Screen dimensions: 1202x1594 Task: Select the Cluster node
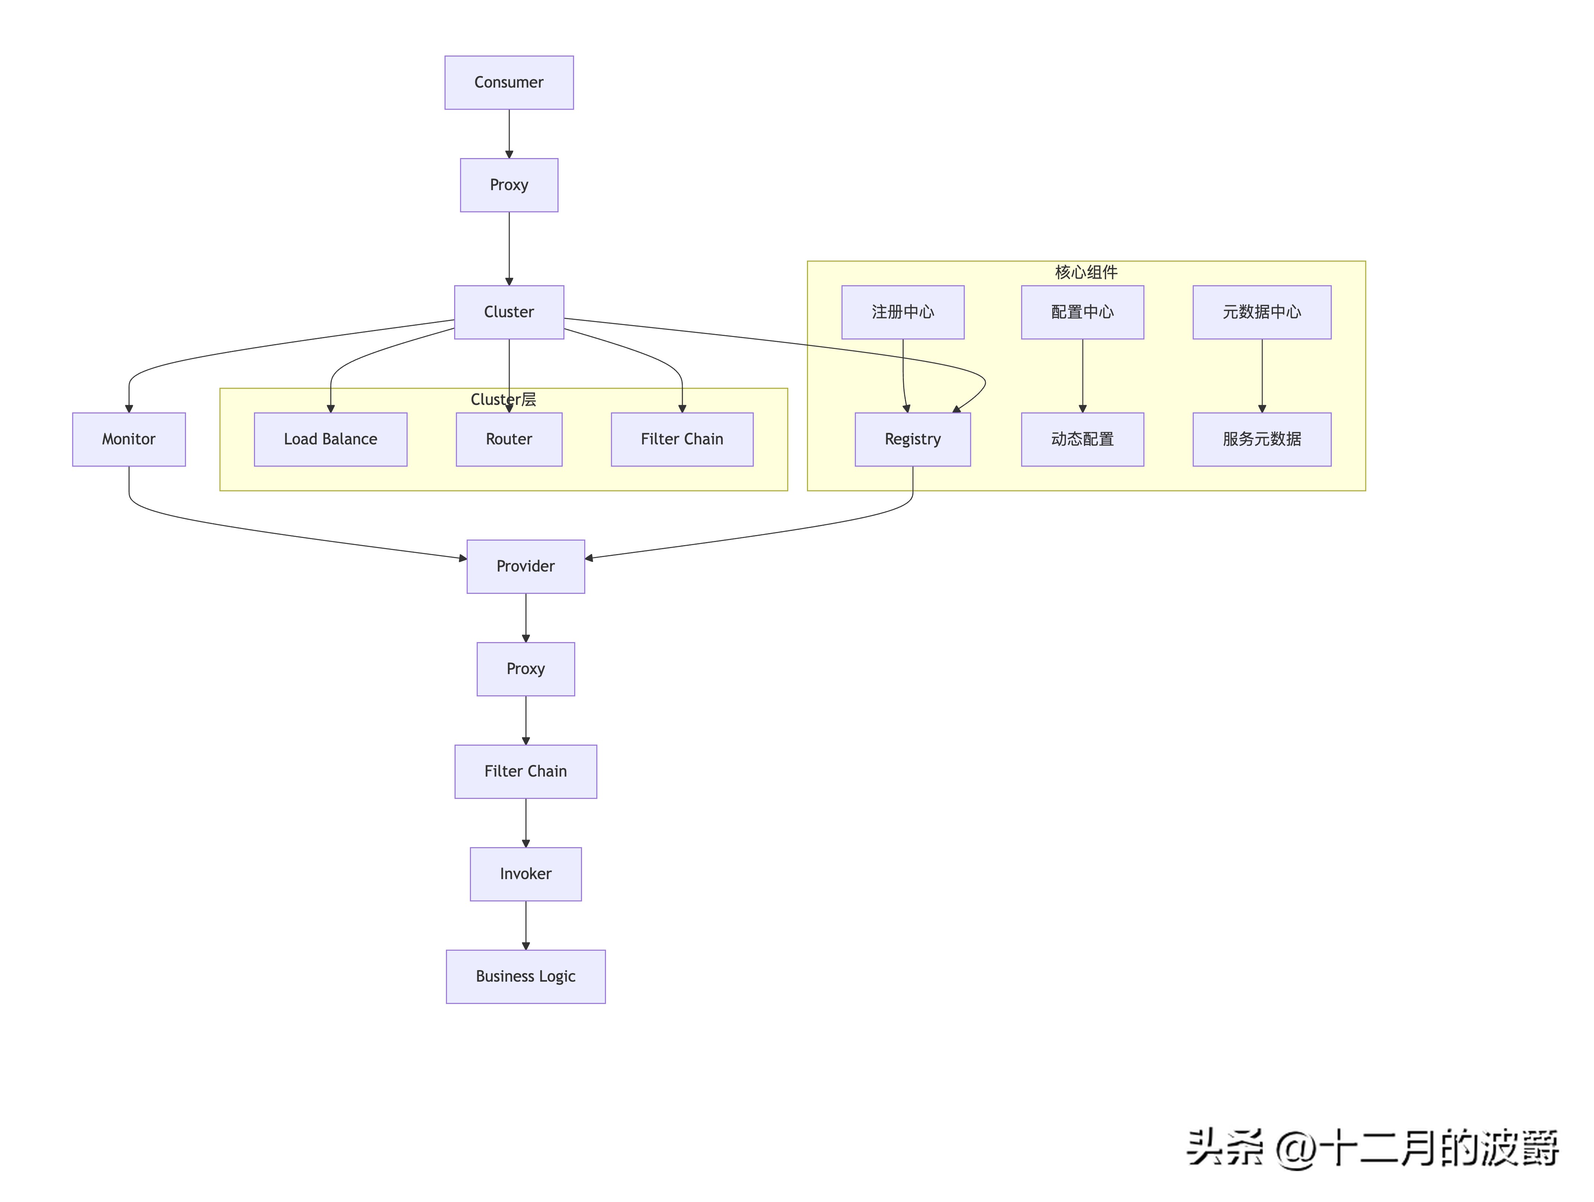click(509, 312)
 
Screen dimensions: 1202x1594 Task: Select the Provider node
click(525, 566)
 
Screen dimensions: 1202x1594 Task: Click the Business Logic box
click(525, 976)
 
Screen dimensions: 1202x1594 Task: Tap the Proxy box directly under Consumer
click(509, 185)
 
